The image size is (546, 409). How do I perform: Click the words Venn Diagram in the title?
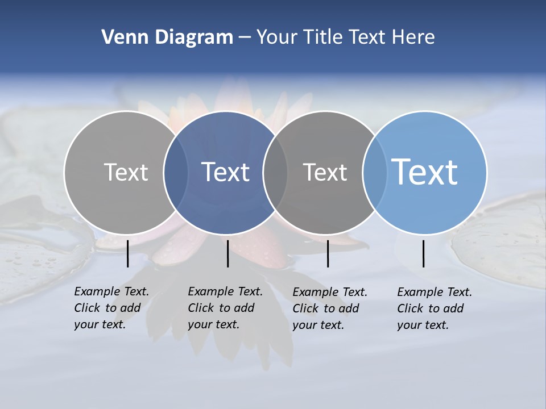click(167, 37)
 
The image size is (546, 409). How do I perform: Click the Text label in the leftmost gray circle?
click(126, 172)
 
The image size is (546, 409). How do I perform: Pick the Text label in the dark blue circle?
click(226, 172)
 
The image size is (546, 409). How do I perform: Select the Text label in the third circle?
click(325, 172)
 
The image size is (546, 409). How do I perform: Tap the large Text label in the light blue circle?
click(425, 172)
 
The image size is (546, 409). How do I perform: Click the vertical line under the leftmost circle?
click(128, 253)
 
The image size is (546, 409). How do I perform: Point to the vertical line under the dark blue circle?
click(227, 253)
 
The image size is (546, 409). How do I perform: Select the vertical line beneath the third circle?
click(328, 253)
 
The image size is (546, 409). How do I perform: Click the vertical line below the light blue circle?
click(424, 253)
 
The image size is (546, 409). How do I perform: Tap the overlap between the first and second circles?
click(176, 172)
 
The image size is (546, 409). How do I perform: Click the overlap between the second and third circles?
click(275, 172)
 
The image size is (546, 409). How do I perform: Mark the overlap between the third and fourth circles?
click(375, 172)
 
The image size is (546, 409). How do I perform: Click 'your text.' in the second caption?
click(213, 324)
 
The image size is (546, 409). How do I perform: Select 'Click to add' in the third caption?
click(326, 308)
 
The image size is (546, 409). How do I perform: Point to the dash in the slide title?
click(245, 37)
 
